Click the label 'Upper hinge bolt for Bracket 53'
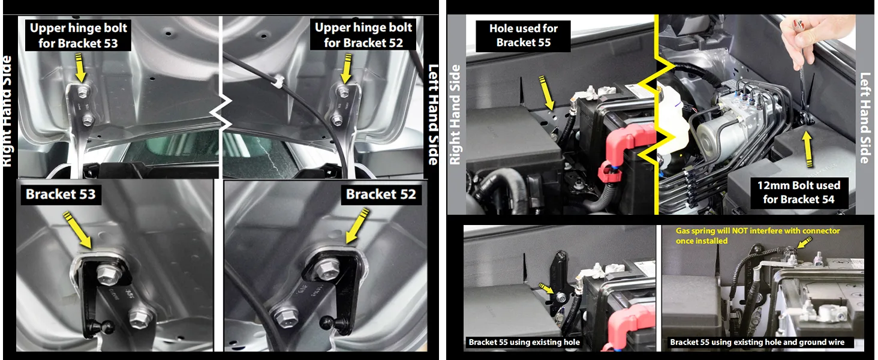click(79, 35)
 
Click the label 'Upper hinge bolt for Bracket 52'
click(363, 35)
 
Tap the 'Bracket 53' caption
click(61, 194)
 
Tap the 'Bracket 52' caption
click(380, 194)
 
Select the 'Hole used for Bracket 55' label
click(523, 35)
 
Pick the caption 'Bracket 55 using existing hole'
click(524, 342)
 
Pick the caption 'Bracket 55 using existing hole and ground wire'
click(757, 342)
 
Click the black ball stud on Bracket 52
click(343, 328)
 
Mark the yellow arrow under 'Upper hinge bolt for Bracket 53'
click(80, 67)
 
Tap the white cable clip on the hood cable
click(276, 79)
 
